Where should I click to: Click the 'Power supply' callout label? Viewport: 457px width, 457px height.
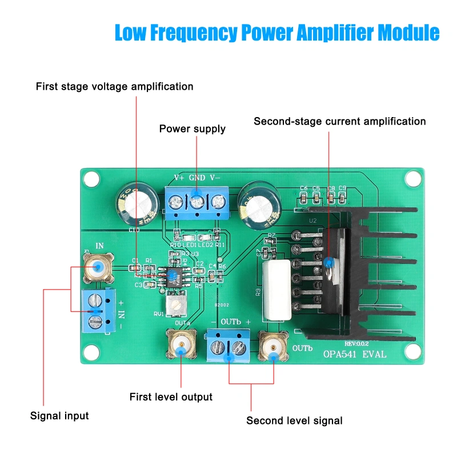click(x=192, y=129)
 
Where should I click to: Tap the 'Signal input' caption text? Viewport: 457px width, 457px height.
click(x=59, y=416)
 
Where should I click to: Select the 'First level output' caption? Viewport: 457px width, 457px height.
click(x=171, y=397)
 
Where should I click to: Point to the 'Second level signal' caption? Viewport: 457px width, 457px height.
click(x=294, y=421)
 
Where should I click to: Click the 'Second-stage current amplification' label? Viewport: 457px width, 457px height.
click(x=340, y=121)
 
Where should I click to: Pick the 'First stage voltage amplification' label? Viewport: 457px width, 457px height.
click(x=114, y=87)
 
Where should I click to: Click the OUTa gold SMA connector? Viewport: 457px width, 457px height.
click(x=181, y=344)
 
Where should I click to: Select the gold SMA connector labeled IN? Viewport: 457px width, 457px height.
click(x=98, y=267)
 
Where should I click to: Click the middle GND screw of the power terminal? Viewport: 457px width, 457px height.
click(x=197, y=202)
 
